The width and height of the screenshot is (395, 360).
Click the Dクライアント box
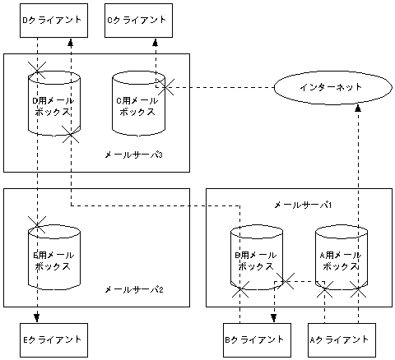53,19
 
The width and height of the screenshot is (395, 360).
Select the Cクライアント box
139,19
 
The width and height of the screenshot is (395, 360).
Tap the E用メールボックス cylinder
54,260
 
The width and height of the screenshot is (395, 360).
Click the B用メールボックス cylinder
257,260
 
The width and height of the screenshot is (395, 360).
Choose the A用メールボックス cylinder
341,260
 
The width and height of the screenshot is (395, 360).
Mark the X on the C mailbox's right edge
166,86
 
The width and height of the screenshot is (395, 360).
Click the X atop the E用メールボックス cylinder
36,222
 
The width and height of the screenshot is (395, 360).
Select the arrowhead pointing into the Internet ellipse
359,108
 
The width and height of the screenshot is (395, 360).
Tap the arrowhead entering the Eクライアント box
36,318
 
